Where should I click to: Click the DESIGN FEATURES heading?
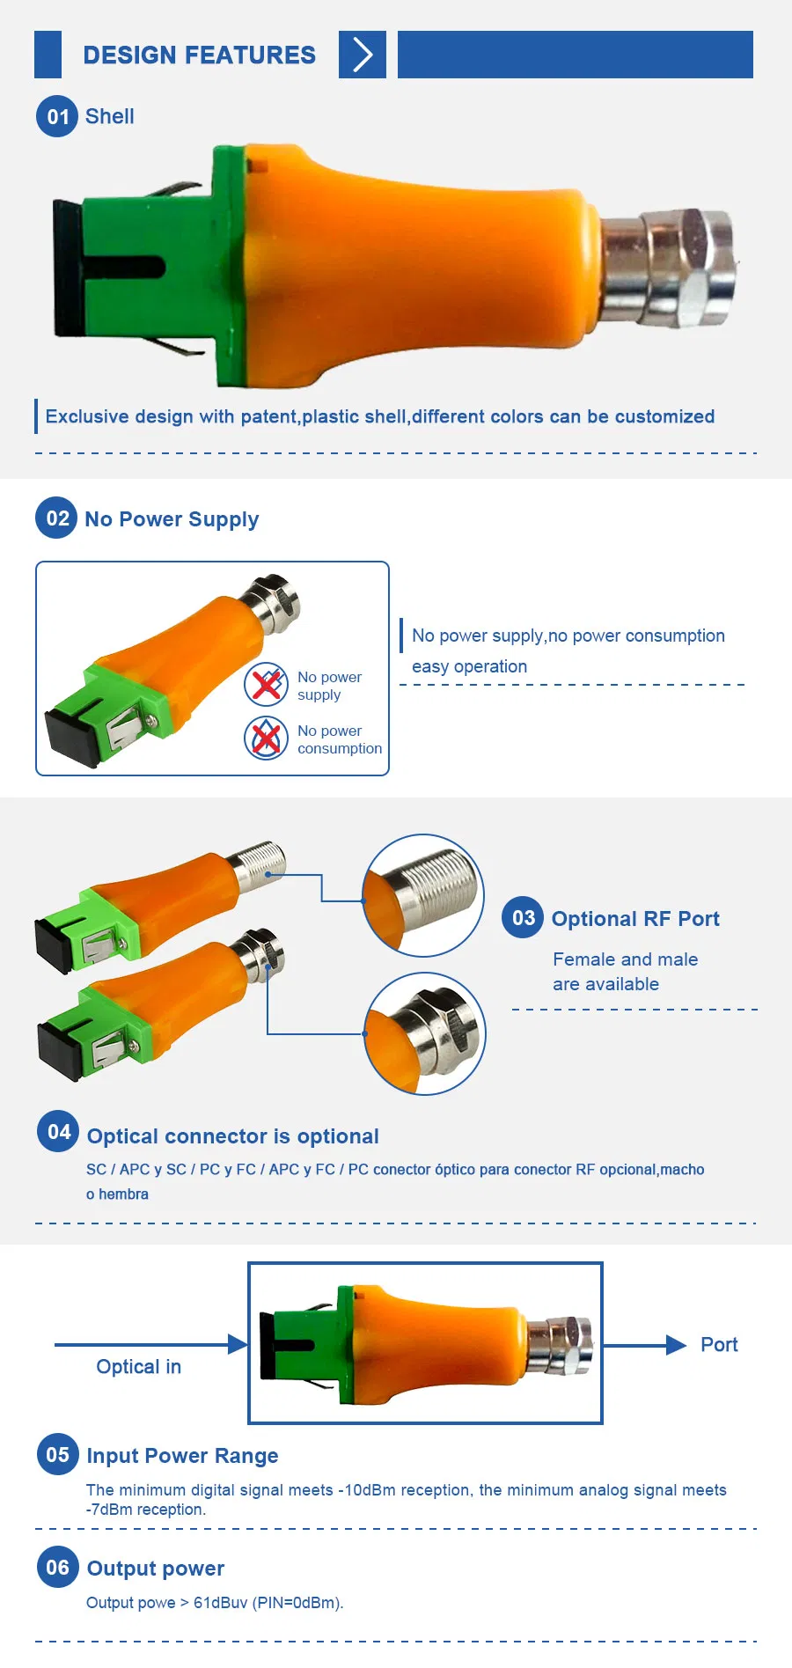point(199,55)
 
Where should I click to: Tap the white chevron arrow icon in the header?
point(363,55)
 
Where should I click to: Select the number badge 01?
point(57,116)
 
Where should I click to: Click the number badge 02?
point(57,518)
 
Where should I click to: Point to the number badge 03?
point(524,918)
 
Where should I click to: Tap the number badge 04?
point(58,1132)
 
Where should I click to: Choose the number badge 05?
point(57,1454)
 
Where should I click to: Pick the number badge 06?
point(57,1567)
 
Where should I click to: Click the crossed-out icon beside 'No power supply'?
point(266,685)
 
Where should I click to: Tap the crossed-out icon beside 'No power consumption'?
point(266,738)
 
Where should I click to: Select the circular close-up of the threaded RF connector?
point(423,895)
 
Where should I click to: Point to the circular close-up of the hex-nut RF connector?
point(425,1033)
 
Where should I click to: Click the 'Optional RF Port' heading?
point(635,919)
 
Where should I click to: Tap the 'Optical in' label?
point(139,1366)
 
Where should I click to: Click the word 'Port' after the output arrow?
point(719,1344)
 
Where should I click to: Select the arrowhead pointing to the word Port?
point(676,1345)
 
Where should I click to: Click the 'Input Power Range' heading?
point(182,1456)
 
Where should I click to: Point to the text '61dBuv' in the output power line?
point(220,1603)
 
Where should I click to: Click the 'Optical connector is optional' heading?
point(232,1136)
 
